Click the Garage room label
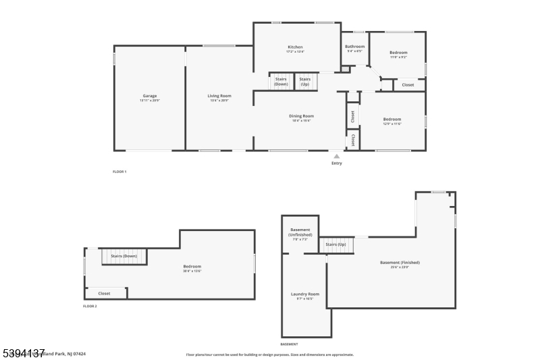point(149,96)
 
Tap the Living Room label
point(219,96)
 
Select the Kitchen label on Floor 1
point(295,47)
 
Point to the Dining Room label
point(302,116)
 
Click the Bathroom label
point(355,47)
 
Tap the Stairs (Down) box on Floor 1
point(281,81)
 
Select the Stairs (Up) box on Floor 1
point(305,81)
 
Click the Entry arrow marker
point(337,156)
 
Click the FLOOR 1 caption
point(119,172)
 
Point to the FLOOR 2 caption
point(90,306)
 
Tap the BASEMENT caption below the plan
point(289,344)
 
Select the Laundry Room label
point(305,294)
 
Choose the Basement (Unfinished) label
point(300,232)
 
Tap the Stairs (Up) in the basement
point(336,245)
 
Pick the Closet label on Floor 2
point(104,293)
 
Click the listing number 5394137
point(23,353)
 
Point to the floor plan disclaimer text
point(269,354)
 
